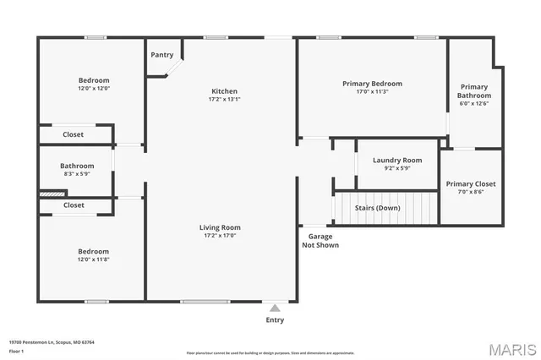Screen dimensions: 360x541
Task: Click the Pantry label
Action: click(x=162, y=55)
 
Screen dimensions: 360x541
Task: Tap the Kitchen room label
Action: click(x=224, y=91)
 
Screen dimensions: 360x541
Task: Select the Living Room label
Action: click(x=220, y=227)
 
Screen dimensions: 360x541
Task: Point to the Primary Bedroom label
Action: click(x=372, y=84)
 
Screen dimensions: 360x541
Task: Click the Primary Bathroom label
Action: click(x=474, y=91)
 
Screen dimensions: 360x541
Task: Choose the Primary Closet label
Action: click(x=471, y=183)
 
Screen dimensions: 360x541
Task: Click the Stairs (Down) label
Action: click(x=377, y=208)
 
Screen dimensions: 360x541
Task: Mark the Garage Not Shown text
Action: click(x=320, y=241)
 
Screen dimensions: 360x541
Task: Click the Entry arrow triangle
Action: click(x=275, y=308)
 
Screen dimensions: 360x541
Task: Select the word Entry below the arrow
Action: click(x=275, y=320)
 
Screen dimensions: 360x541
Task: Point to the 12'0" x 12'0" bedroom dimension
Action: click(x=93, y=89)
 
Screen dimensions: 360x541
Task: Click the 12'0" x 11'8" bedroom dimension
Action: click(x=93, y=259)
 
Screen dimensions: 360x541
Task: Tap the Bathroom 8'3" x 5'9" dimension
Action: click(x=76, y=174)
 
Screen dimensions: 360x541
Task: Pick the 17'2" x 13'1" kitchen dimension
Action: click(x=224, y=100)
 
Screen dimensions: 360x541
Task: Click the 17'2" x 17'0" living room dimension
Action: click(x=220, y=236)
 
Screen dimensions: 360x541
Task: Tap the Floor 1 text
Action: click(x=17, y=351)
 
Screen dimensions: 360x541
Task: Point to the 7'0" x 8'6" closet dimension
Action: click(x=471, y=192)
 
